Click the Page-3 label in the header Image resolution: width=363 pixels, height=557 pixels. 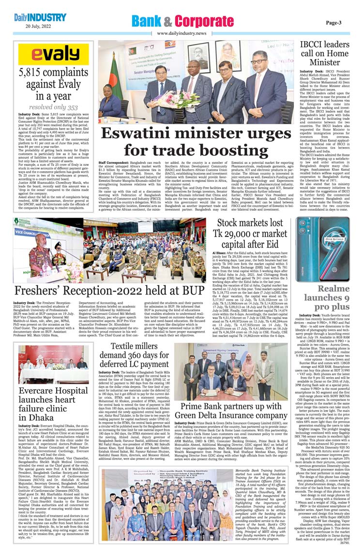333,22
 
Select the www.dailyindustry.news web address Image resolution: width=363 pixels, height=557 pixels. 181,33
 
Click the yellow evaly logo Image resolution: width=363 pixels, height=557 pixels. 53,54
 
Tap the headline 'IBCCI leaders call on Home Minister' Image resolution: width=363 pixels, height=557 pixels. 325,53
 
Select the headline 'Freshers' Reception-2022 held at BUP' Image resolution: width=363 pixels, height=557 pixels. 109,291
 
